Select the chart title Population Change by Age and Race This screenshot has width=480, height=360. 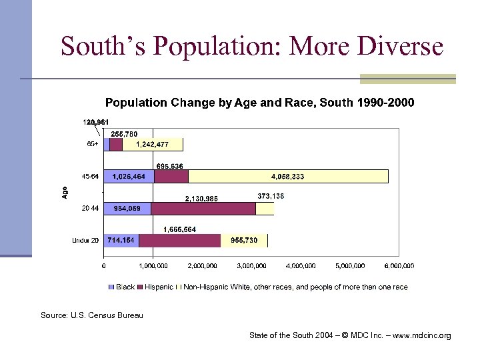259,103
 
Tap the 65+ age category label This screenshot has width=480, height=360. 93,144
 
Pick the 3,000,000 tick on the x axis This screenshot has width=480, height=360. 251,266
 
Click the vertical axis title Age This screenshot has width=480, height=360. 65,192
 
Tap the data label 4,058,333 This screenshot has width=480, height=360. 287,177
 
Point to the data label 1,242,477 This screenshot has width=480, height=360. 152,145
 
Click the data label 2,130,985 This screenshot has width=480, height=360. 201,198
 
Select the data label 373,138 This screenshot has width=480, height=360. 271,195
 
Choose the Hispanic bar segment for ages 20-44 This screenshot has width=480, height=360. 203,209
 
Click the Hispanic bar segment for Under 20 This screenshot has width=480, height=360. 179,241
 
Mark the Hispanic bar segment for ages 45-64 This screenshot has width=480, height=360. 171,177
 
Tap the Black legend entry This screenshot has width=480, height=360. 121,287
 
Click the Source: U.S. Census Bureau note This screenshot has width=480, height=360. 92,315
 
